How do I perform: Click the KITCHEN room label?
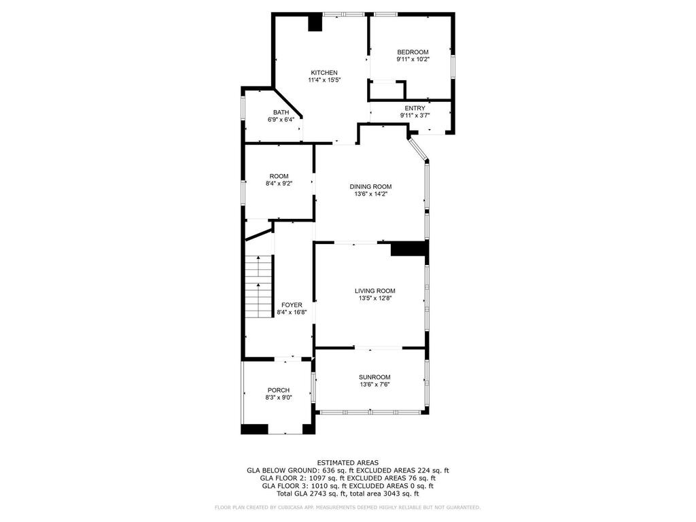pos(324,73)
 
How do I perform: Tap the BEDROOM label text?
pos(413,52)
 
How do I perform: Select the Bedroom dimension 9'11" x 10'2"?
pos(413,59)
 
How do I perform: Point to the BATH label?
pos(281,112)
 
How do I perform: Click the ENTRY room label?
pos(415,108)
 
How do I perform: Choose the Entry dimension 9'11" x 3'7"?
pos(415,116)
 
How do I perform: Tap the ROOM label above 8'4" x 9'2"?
pos(279,176)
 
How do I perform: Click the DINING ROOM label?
pos(370,187)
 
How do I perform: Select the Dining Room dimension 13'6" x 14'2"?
pos(370,194)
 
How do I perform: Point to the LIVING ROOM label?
pos(375,291)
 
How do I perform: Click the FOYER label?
pos(292,305)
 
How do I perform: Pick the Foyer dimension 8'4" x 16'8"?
pos(292,312)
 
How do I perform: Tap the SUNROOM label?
pos(375,377)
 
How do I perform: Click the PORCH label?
pos(278,390)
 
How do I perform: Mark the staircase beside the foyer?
pos(258,286)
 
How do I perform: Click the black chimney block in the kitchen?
pos(315,23)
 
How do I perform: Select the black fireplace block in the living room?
pos(408,249)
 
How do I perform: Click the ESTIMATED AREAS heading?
pos(347,463)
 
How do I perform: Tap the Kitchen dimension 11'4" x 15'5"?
pos(324,80)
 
